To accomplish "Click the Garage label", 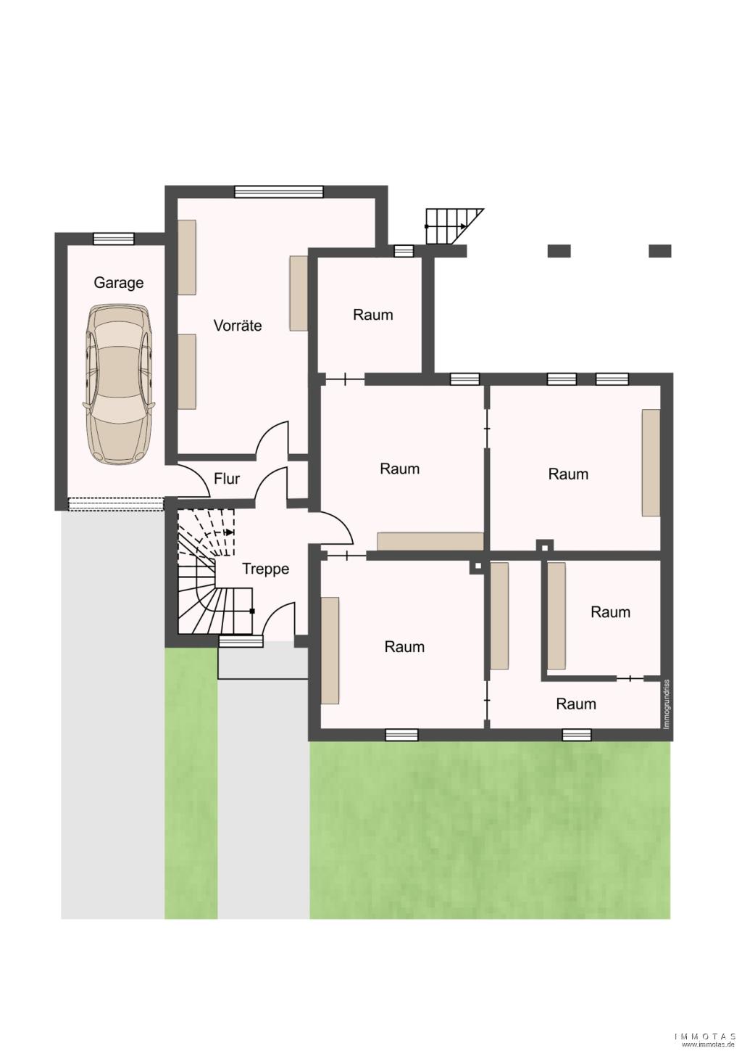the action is point(118,284).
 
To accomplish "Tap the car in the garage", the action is point(119,384).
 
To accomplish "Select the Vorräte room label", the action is point(237,325).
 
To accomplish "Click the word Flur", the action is point(227,479).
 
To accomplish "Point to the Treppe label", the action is point(266,569).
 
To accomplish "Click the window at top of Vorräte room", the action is point(279,192).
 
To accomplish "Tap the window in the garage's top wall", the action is point(114,239).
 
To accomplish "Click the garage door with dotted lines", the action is point(116,504).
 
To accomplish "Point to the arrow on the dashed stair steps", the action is point(229,532).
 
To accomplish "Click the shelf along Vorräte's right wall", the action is point(299,293).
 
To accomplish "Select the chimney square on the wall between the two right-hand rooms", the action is point(545,545).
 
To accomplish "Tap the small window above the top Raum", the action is point(404,251).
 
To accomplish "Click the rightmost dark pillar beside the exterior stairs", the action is point(659,251).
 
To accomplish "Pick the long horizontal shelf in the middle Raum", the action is point(430,541).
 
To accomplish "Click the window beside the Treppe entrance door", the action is point(241,641).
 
